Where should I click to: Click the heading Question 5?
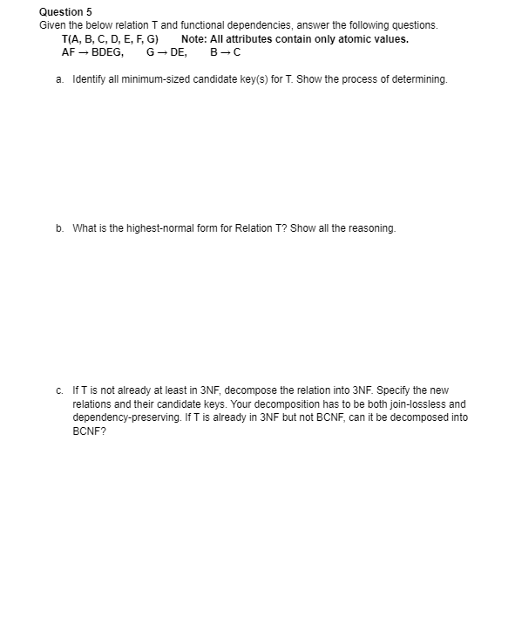point(65,11)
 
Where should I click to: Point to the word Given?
point(52,25)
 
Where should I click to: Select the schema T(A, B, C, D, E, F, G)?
point(110,39)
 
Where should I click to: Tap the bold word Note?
point(194,39)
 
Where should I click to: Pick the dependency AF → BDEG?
point(91,52)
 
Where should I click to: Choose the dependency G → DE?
point(166,52)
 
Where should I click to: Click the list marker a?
point(58,79)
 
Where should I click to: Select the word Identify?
point(89,79)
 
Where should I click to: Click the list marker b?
point(58,228)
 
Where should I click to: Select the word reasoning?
point(371,228)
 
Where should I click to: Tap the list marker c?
point(58,390)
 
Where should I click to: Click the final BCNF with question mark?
point(87,430)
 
